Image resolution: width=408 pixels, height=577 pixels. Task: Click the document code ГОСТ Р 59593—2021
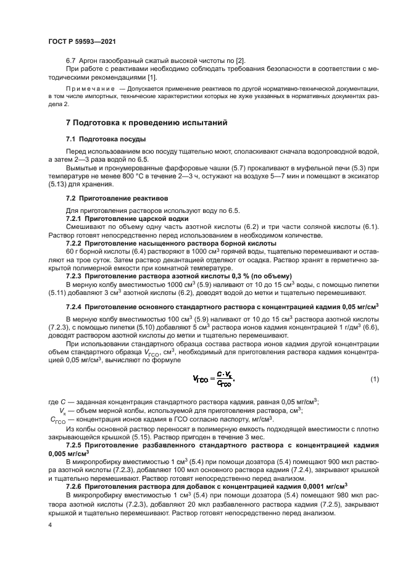[81, 41]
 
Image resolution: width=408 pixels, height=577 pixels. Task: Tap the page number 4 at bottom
[49, 525]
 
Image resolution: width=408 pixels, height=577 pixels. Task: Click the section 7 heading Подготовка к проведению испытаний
[147, 123]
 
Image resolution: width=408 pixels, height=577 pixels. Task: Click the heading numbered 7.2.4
[75, 307]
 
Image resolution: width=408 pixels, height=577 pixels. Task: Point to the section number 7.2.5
[75, 445]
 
